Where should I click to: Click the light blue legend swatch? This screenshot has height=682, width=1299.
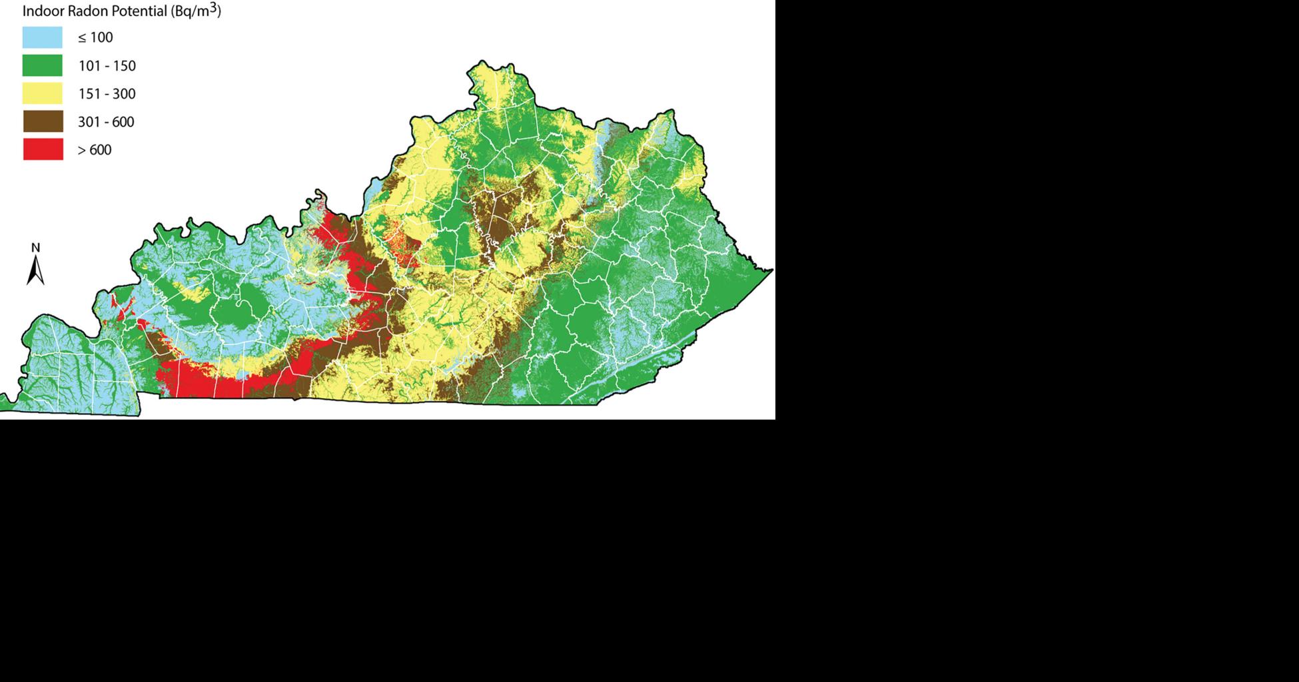click(43, 37)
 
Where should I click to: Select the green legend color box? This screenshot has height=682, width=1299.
click(43, 65)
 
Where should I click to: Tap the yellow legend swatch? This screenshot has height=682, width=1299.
click(43, 93)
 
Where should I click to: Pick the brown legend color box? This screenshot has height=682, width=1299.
click(43, 121)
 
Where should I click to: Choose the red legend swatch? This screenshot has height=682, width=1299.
click(43, 149)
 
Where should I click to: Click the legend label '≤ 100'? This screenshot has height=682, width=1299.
click(95, 38)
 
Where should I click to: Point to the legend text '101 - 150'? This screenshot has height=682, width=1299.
click(107, 66)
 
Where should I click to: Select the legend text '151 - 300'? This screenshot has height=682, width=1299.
click(107, 94)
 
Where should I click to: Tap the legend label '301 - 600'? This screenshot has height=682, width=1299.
click(106, 122)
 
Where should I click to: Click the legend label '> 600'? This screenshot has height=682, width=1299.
click(95, 150)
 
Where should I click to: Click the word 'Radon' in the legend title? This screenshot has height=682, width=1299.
click(89, 11)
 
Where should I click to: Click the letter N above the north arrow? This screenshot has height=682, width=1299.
click(36, 248)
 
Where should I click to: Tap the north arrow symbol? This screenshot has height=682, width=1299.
click(35, 271)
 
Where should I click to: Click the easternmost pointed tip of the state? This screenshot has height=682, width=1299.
click(772, 270)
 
